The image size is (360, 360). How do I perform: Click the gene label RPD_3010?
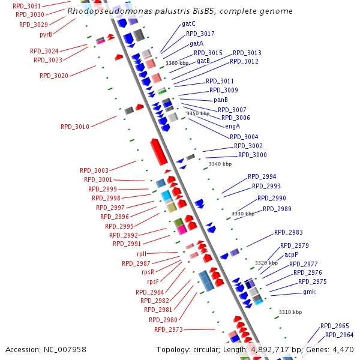75,127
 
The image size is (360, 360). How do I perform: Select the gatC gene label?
188,24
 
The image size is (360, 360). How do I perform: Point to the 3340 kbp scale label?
220,164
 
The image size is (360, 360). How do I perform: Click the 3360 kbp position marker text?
177,63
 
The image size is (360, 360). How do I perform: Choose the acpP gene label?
292,254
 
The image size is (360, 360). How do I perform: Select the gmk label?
309,292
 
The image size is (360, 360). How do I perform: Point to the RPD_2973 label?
169,329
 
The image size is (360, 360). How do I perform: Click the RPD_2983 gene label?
289,232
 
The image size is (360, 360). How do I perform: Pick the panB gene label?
221,100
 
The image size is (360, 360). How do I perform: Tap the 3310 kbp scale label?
290,312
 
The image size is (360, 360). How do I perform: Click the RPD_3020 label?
54,76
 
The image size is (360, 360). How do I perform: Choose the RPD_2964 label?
340,335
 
